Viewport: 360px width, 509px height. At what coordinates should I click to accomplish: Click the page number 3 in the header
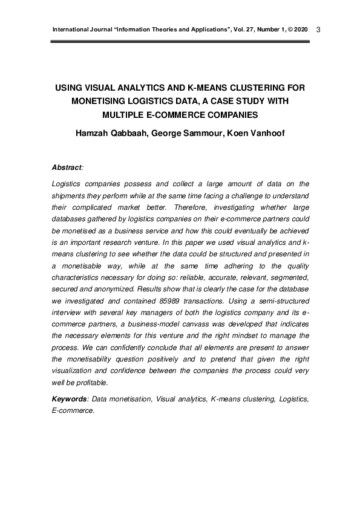tap(319, 30)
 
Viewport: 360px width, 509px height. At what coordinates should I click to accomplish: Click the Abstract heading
tap(67, 166)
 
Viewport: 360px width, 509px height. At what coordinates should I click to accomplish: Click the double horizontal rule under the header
tap(180, 42)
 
